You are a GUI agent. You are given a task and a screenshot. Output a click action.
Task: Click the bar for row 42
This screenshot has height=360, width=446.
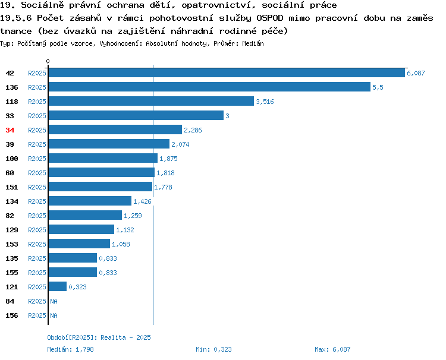(227, 73)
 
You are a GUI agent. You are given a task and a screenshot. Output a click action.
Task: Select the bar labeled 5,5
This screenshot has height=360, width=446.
(210, 87)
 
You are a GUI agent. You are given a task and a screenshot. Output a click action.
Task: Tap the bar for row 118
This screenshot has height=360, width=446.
(151, 102)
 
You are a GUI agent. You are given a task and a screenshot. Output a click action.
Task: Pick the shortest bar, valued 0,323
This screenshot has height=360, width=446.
(58, 286)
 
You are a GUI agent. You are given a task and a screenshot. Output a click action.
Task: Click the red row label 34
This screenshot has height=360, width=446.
(10, 130)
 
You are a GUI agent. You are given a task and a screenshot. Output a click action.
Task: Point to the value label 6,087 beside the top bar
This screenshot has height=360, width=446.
(416, 73)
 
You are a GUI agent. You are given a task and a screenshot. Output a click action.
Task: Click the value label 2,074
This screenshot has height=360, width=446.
(180, 144)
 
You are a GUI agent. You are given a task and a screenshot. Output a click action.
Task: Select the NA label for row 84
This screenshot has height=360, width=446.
(54, 301)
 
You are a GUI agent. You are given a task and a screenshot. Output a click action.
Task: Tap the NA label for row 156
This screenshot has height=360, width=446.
(54, 315)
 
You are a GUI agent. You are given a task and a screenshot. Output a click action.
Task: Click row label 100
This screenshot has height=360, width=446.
(12, 159)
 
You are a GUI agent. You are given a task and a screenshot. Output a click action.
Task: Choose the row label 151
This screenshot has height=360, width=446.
(12, 187)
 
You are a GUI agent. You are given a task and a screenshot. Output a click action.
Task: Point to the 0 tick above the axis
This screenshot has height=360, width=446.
(48, 61)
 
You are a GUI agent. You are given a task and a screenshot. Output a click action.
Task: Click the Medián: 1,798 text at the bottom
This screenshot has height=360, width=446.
(70, 349)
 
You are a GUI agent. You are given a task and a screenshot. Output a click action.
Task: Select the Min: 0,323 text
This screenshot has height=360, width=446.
(213, 349)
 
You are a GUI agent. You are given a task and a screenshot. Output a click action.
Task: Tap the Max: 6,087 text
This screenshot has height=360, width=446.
(332, 349)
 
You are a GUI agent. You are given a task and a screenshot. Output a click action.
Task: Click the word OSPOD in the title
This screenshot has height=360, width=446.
(269, 18)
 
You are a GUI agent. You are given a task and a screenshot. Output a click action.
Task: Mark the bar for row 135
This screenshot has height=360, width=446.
(73, 258)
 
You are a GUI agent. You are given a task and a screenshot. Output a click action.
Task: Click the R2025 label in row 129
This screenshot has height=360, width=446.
(37, 230)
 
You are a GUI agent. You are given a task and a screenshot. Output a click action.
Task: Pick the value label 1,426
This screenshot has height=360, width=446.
(142, 201)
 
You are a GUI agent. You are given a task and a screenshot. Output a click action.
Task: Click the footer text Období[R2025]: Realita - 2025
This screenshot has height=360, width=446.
(99, 337)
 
